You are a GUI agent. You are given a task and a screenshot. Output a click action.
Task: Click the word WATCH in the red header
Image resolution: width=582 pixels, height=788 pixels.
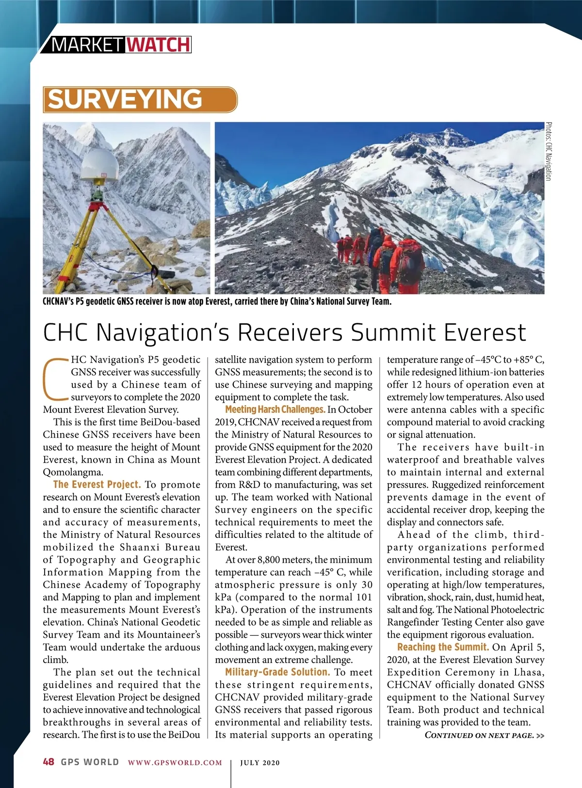coord(159,45)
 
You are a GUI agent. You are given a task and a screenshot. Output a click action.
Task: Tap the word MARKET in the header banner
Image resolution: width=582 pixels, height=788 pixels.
coord(87,45)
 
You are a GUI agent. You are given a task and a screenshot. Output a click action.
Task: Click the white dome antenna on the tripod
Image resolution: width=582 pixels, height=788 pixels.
coord(99,165)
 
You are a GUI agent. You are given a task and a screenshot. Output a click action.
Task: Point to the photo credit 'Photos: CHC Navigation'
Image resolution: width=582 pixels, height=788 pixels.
coord(548,151)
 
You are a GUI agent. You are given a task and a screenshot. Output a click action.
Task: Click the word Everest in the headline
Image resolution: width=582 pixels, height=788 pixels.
coord(485,332)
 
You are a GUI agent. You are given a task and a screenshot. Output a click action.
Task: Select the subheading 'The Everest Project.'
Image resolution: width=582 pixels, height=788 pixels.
coord(97,485)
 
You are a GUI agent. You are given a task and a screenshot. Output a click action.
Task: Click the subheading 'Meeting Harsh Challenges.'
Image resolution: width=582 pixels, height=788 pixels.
coord(275,410)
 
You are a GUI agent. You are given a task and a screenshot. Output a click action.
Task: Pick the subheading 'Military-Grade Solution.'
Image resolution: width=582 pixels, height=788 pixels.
coord(277,672)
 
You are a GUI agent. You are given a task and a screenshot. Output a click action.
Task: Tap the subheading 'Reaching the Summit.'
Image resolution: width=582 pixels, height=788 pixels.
coord(443,647)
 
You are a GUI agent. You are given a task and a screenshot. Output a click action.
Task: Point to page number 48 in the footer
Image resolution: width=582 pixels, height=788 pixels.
coord(48,762)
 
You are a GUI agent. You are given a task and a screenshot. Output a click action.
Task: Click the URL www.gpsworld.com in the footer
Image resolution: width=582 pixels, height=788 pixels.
coord(175,762)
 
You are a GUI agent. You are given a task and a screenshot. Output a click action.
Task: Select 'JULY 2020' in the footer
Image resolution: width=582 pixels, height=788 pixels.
coord(260,762)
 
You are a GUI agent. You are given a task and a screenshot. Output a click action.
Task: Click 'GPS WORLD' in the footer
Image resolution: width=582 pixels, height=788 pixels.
coord(90,762)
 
